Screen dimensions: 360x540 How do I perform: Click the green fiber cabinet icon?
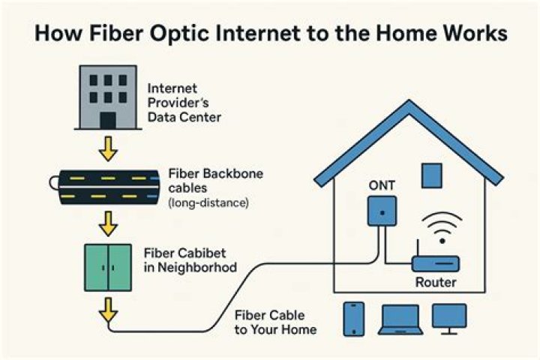click(109, 267)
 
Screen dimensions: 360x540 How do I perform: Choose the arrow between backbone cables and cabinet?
click(109, 223)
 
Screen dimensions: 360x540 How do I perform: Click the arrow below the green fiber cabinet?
click(109, 309)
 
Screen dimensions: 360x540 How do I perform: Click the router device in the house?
click(435, 263)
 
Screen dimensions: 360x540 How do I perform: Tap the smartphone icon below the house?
click(354, 318)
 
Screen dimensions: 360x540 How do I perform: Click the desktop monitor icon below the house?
click(449, 318)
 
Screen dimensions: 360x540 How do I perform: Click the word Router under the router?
click(436, 283)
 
